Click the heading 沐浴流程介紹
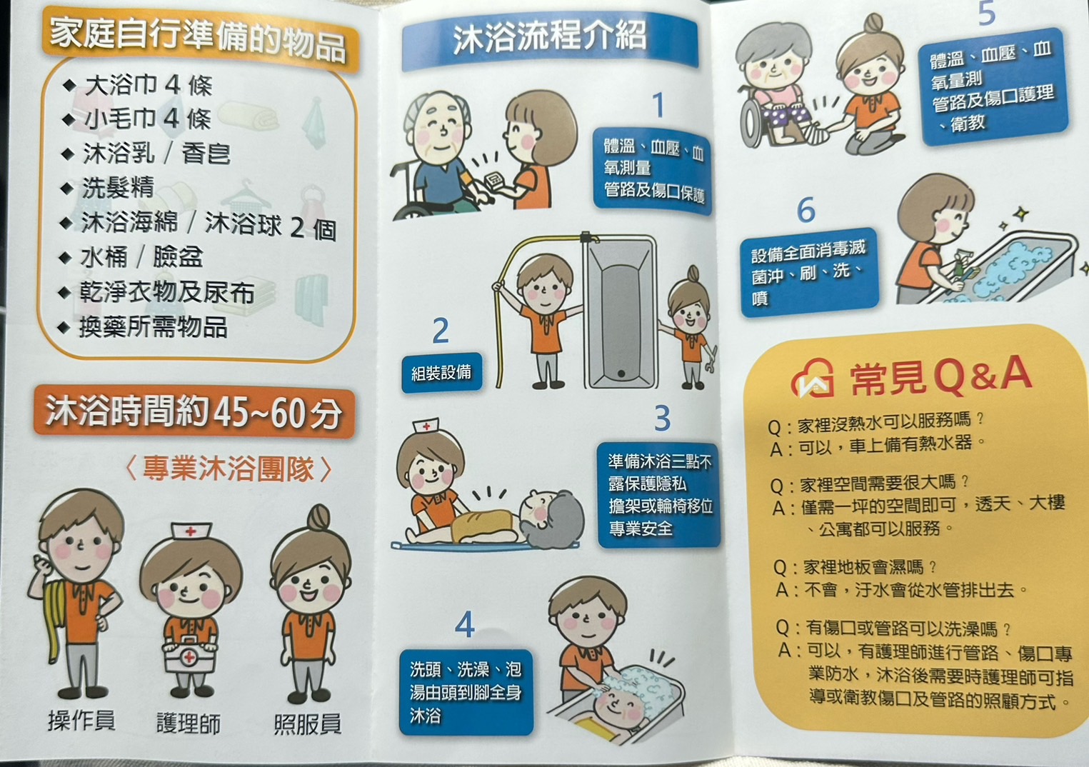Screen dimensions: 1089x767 click(x=549, y=37)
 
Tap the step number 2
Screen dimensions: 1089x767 click(x=441, y=331)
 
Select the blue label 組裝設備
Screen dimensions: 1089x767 click(x=441, y=373)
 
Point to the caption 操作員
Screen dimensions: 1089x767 click(x=81, y=720)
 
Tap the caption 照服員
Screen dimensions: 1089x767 click(x=308, y=723)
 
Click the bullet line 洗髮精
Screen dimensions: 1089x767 click(x=109, y=187)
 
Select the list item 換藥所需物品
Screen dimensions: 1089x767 click(x=144, y=326)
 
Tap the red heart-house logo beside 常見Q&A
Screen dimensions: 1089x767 click(x=812, y=379)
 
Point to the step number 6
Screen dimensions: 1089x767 click(x=806, y=211)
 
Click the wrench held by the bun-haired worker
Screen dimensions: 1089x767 click(x=711, y=359)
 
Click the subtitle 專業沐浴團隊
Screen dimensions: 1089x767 click(x=229, y=468)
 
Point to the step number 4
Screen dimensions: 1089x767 click(x=465, y=624)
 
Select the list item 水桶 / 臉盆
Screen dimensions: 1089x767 click(x=131, y=256)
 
